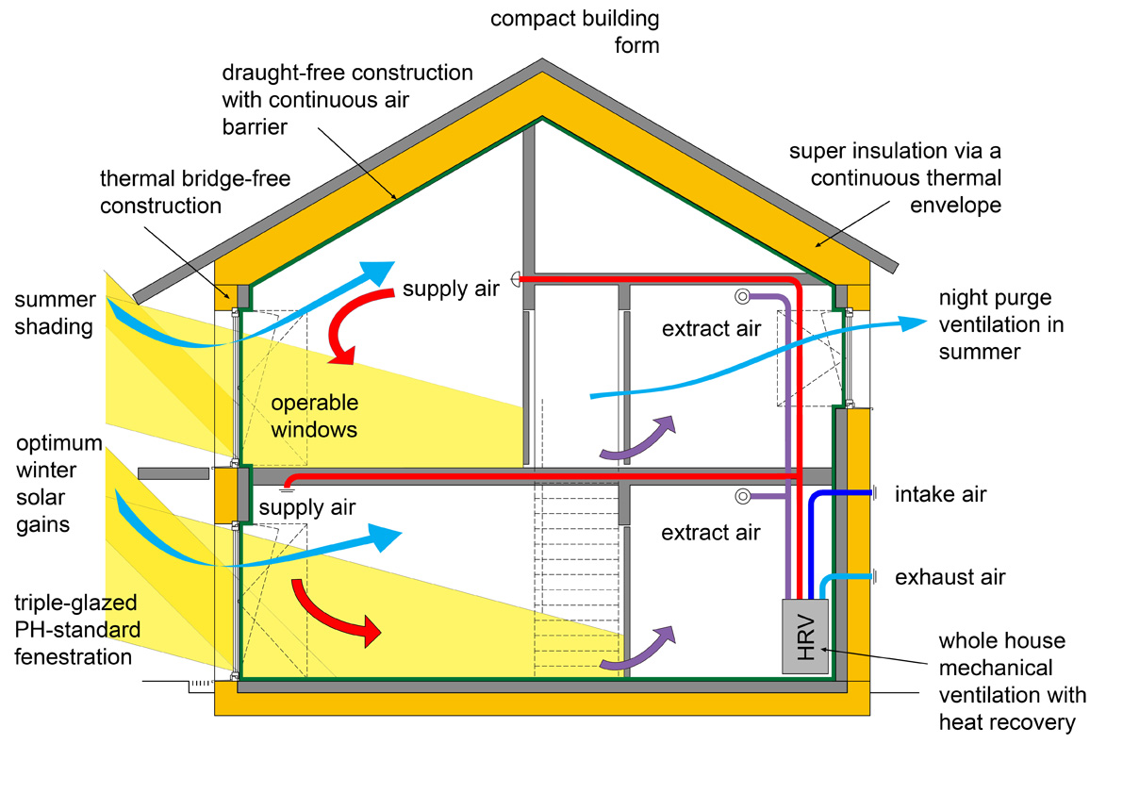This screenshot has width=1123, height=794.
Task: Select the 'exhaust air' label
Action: coord(950,576)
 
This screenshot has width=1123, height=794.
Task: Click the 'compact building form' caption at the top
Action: coord(574,31)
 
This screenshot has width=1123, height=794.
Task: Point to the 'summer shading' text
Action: coord(55,314)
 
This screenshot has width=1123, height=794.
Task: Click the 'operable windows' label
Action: coord(315,416)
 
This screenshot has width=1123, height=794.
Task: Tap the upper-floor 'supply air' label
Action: coord(451,289)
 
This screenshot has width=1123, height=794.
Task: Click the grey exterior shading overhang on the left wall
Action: coord(173,471)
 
